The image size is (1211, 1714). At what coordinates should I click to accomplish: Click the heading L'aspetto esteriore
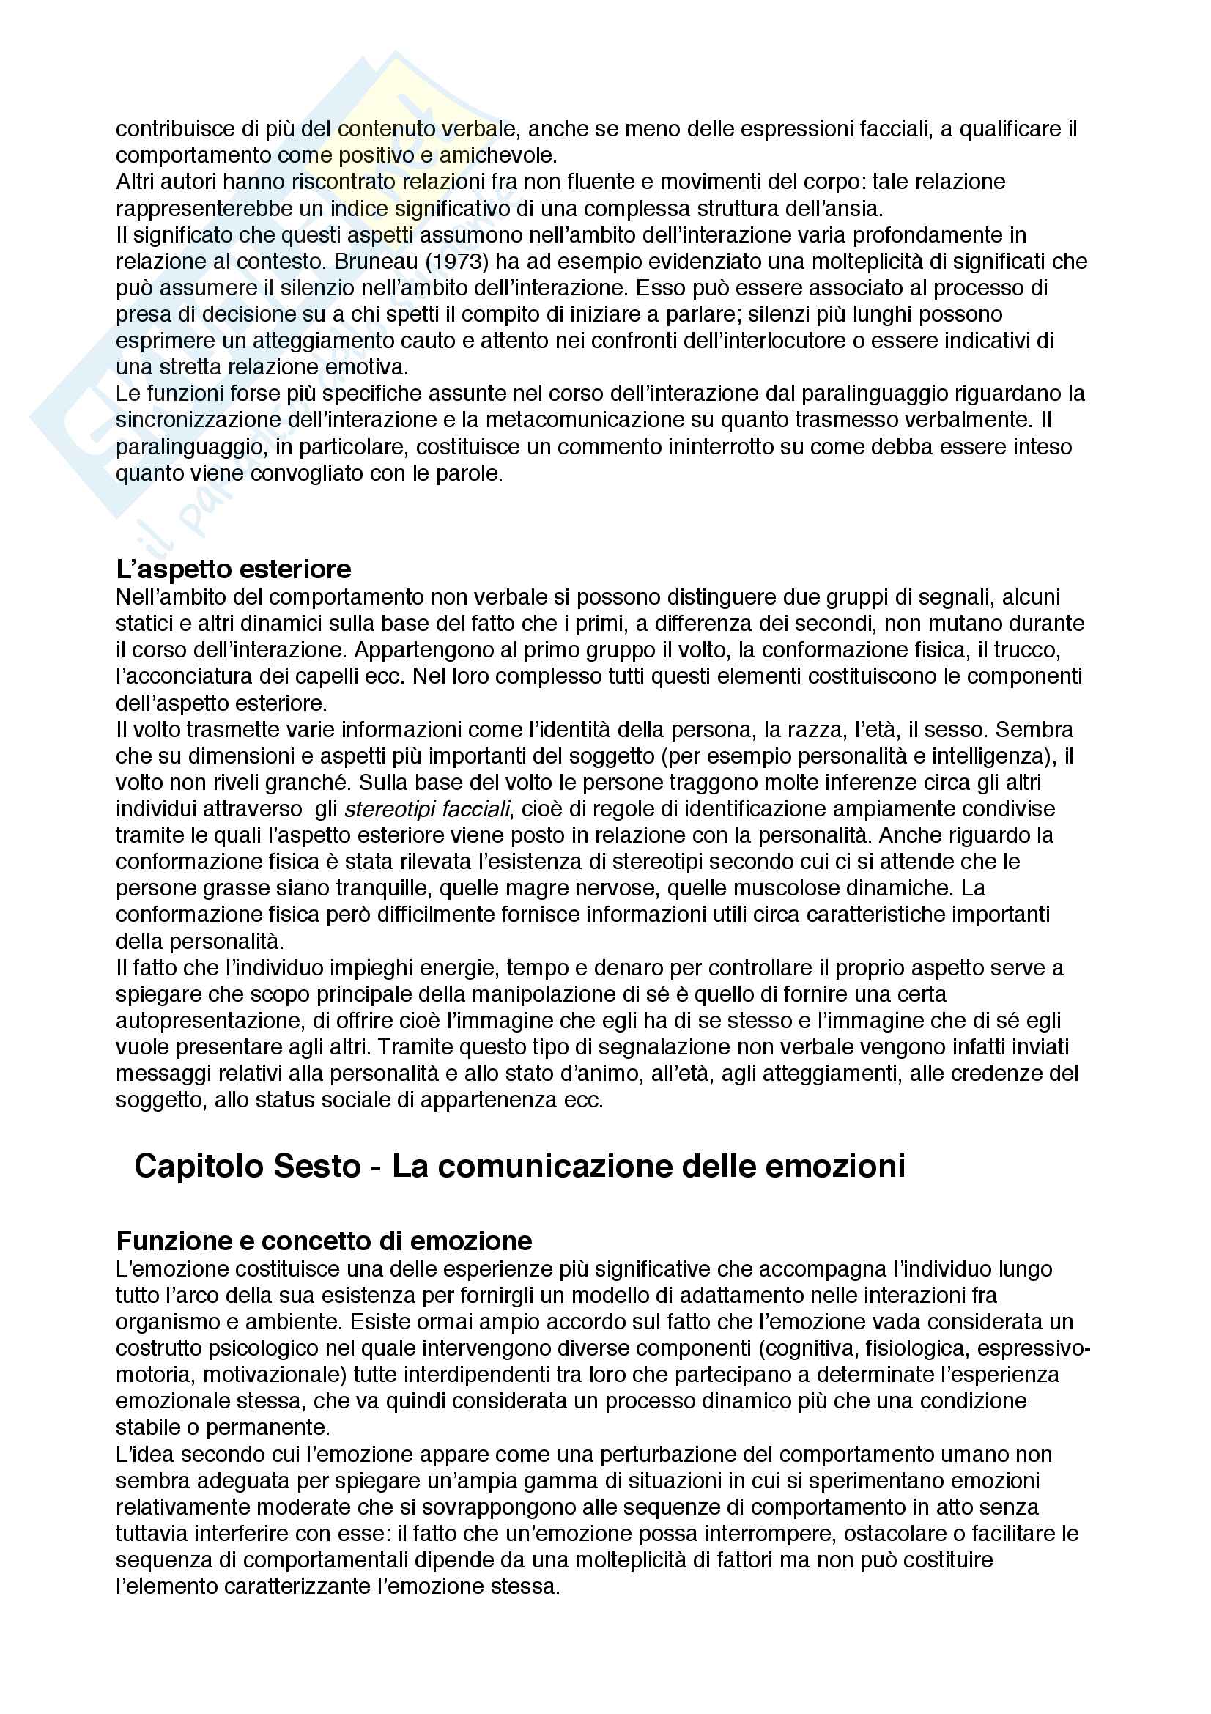click(x=234, y=569)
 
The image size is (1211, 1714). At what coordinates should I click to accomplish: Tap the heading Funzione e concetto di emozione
click(x=324, y=1241)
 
